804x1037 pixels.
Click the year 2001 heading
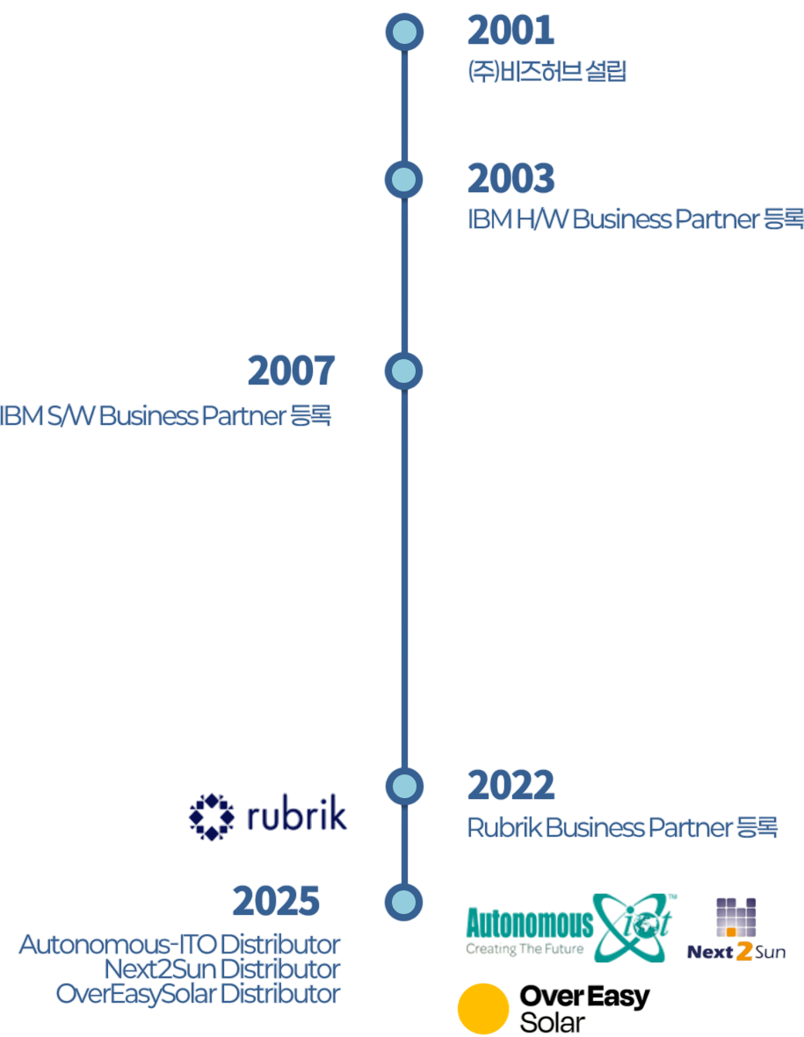point(511,31)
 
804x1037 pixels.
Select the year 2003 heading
point(511,178)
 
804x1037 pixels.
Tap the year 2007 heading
point(291,371)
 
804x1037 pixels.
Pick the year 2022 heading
point(511,785)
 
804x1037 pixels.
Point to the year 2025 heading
point(276,901)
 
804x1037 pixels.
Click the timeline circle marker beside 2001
point(404,32)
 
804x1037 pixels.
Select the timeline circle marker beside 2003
point(404,180)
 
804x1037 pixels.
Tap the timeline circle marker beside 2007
point(404,372)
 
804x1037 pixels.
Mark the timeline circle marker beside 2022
point(404,786)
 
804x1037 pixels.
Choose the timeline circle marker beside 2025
point(404,903)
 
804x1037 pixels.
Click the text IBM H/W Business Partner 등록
point(634,220)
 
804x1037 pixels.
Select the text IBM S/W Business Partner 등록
point(165,415)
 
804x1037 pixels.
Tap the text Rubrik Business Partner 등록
point(622,827)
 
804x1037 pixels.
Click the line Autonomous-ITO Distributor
point(179,945)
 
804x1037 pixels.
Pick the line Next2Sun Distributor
point(221,969)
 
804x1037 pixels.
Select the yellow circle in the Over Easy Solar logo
point(483,1008)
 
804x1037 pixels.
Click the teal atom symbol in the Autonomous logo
point(634,926)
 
